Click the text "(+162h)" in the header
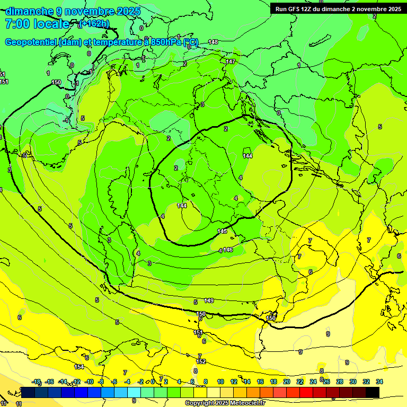point(94,24)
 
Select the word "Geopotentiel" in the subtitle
point(32,42)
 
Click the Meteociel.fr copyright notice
point(225,403)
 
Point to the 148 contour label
point(213,42)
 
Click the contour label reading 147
point(230,61)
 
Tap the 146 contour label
point(228,250)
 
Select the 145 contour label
point(222,231)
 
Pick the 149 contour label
point(209,300)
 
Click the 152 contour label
point(201,361)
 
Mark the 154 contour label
point(79,367)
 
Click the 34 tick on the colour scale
point(379,382)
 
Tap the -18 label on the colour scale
point(37,382)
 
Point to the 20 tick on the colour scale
point(287,382)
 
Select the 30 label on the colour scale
point(353,382)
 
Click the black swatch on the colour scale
point(373,392)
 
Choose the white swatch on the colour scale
point(214,392)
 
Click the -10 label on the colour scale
point(90,382)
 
